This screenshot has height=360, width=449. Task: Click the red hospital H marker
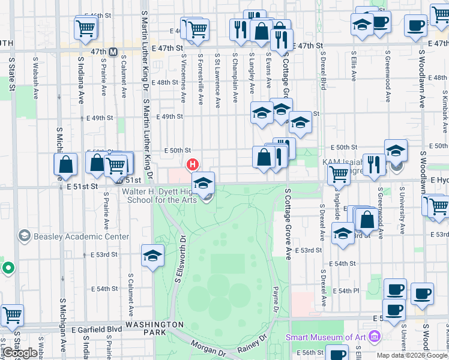point(193,164)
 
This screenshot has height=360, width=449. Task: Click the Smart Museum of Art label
point(326,337)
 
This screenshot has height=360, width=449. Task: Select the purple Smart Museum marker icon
point(375,336)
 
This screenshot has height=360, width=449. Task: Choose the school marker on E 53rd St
point(152,256)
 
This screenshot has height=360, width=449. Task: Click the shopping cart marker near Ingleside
point(339,175)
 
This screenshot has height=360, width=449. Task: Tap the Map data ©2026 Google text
point(412,355)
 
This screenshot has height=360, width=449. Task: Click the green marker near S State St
point(8,268)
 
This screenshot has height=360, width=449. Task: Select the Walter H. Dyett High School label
point(159,195)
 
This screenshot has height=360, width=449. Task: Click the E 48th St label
point(166,83)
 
